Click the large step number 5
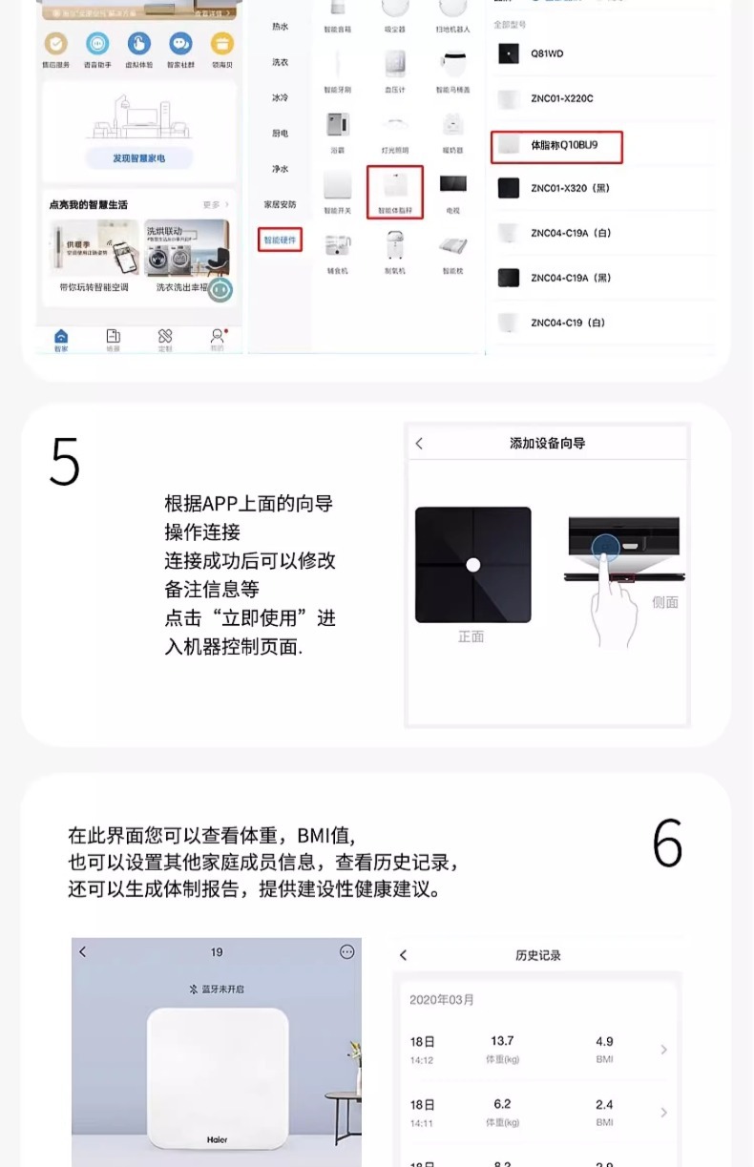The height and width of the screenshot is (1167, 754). [65, 462]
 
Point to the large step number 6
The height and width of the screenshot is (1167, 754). [667, 844]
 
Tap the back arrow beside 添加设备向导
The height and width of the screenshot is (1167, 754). [419, 444]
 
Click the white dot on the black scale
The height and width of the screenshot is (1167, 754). [472, 565]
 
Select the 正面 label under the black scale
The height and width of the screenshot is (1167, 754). [471, 636]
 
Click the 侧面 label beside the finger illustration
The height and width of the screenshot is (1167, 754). [665, 602]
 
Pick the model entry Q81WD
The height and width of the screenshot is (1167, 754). [547, 54]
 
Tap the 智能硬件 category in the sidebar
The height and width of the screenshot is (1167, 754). [281, 240]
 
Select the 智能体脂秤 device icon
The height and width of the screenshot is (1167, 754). [394, 191]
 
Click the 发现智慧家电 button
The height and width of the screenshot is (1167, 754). [138, 158]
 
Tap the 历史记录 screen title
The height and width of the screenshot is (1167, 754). [538, 955]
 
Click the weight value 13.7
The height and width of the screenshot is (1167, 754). [502, 1041]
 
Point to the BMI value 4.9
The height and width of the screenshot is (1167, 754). [604, 1041]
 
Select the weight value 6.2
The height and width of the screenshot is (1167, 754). [502, 1104]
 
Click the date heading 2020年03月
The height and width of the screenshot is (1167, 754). [442, 1000]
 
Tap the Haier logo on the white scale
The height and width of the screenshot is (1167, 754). [218, 1139]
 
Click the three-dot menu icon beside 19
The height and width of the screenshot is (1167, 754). [346, 951]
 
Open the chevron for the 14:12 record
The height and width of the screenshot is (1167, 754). [663, 1050]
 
